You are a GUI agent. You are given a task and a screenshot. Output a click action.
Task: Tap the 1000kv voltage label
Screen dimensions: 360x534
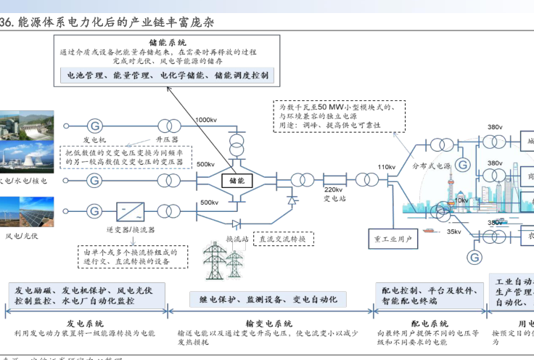pyautogui.click(x=206, y=120)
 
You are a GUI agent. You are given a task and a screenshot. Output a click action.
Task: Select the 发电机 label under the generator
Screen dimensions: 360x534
pyautogui.click(x=94, y=139)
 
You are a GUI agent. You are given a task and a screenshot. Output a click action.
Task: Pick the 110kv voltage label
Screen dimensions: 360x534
pyautogui.click(x=386, y=167)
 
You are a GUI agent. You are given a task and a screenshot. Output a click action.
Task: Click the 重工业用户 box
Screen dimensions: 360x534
pyautogui.click(x=393, y=238)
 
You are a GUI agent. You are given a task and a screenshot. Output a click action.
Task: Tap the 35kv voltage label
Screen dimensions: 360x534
pyautogui.click(x=453, y=232)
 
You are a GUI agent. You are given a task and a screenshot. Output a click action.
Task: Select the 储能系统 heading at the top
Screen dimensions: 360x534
pyautogui.click(x=168, y=43)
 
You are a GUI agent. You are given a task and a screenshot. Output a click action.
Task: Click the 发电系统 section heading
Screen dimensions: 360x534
pyautogui.click(x=85, y=324)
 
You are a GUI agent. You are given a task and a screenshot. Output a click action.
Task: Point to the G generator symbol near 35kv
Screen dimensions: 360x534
pyautogui.click(x=475, y=256)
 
